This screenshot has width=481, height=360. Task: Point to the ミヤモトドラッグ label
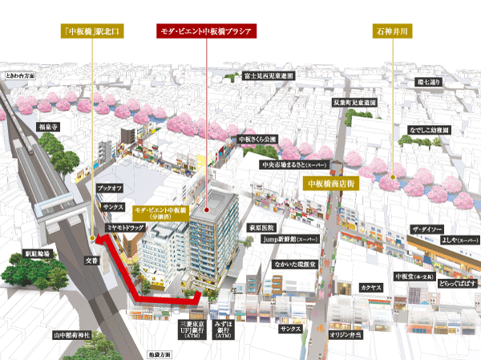pyautogui.click(x=123, y=228)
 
